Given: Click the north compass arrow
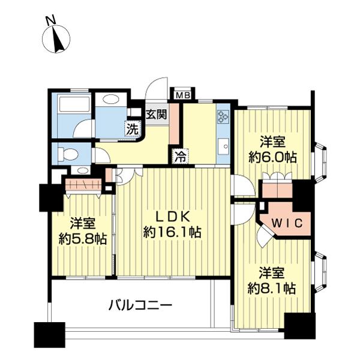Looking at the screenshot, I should pos(58,40).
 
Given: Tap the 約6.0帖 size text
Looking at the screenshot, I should pos(273,157).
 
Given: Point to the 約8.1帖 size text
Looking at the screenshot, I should pos(272,287).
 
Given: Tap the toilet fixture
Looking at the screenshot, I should pos(67,153).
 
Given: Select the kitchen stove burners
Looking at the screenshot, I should pos(224,115).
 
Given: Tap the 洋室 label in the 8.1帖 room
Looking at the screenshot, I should pos(272,272).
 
